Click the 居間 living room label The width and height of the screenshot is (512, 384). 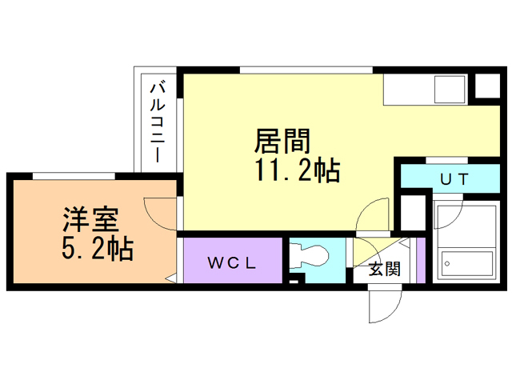pos(282,141)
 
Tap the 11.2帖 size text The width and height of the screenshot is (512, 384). pos(298,170)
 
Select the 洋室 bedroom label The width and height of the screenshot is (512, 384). pos(90,219)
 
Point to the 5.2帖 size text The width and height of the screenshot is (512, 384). pos(98,248)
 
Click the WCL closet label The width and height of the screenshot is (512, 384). pos(232,263)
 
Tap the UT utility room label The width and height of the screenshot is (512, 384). pos(454,179)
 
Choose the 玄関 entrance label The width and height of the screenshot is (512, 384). pos(384,269)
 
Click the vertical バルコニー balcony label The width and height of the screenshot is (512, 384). pos(158,122)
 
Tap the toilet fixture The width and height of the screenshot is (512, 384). pos(309,256)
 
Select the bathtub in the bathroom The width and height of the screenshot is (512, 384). pos(467,263)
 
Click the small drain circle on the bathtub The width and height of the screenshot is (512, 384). pos(447,263)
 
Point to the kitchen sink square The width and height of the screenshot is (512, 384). pos(450,89)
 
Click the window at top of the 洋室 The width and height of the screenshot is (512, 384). pos(74,176)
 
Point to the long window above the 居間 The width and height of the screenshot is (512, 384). pos(306,70)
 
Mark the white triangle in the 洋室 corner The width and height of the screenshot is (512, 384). pos(171,278)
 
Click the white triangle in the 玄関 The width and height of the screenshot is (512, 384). pos(405,242)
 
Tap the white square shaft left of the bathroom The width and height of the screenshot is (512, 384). pos(413,213)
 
